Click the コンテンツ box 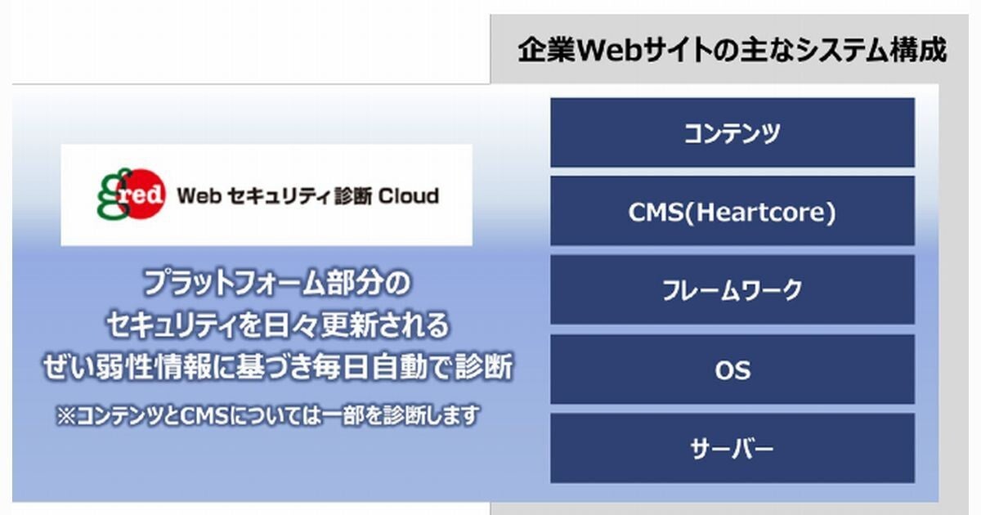(x=732, y=133)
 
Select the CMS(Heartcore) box (x=732, y=213)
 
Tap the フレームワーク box (x=732, y=291)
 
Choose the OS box (x=732, y=370)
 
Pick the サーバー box (x=732, y=449)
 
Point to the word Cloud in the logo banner (x=409, y=196)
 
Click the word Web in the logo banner (x=195, y=196)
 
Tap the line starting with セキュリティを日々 (x=277, y=325)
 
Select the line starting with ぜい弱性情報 (x=277, y=367)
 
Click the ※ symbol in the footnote (x=65, y=416)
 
